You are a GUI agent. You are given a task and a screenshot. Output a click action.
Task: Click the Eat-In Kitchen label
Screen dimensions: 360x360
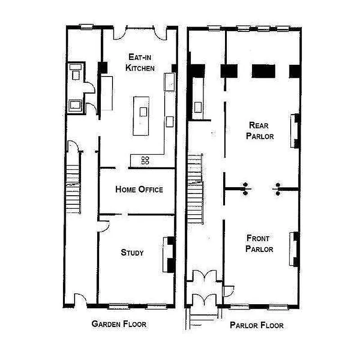tap(140, 63)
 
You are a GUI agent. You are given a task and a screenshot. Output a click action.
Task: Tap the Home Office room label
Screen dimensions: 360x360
tap(139, 189)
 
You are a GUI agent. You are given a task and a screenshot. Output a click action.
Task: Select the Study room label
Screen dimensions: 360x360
tap(132, 252)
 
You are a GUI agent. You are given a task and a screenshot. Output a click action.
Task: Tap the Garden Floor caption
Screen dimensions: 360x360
tap(119, 324)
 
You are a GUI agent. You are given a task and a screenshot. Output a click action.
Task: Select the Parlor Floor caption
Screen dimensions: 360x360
tap(256, 325)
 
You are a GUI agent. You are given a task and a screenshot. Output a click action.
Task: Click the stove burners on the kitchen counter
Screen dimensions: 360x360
tap(145, 160)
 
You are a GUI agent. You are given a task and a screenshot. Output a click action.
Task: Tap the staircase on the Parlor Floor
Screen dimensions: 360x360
tap(195, 189)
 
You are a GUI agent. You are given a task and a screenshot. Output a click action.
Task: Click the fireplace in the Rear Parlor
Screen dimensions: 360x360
tap(296, 130)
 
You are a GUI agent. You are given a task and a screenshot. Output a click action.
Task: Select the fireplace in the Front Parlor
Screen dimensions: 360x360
tap(296, 248)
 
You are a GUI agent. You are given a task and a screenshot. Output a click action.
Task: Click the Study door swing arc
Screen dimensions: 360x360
tap(103, 225)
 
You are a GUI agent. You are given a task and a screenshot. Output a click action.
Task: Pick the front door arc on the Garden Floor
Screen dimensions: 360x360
tap(80, 299)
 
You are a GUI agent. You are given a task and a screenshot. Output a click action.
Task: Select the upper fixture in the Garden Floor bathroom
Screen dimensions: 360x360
tap(75, 72)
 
